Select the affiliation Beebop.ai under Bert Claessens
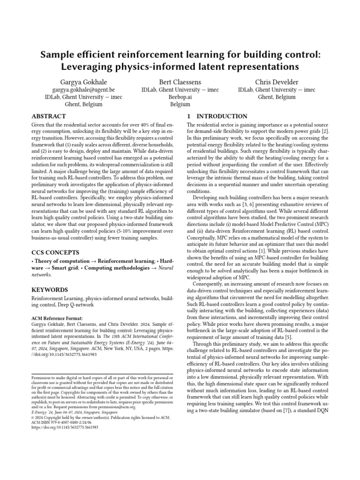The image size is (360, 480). (180, 97)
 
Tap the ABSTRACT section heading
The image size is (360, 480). (49, 116)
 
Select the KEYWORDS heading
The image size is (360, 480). (50, 290)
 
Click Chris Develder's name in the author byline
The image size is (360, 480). (277, 81)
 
